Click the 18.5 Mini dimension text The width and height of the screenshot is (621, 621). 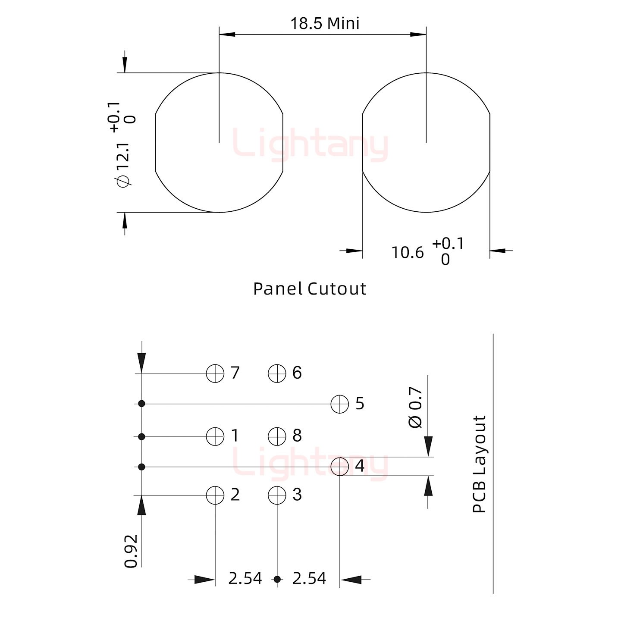325,24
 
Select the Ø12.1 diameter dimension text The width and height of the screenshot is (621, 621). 124,165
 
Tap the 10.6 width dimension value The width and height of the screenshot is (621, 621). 408,253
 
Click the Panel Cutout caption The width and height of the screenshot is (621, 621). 309,289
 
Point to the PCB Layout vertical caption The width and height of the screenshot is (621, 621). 479,464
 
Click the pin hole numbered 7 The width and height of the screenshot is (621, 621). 215,373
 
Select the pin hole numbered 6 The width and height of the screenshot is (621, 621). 277,373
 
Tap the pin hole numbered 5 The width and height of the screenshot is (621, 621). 340,404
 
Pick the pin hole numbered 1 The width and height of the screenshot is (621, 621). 215,436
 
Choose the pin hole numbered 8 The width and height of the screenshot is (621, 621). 277,436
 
